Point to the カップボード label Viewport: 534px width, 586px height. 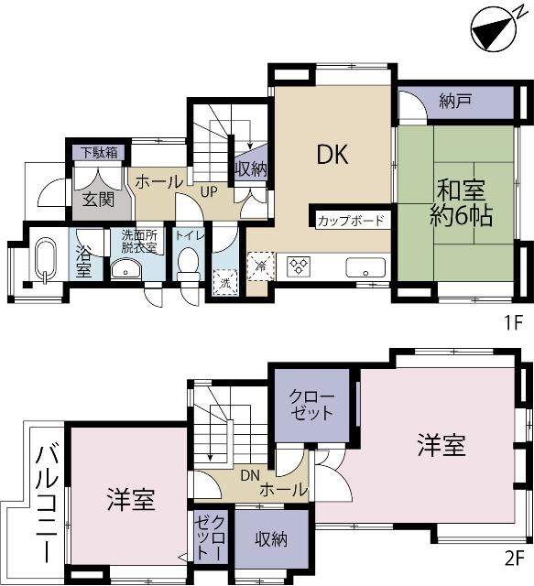point(352,221)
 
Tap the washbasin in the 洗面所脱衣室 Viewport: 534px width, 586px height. point(124,268)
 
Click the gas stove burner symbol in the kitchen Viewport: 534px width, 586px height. point(300,266)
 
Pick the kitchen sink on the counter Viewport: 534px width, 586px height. point(364,267)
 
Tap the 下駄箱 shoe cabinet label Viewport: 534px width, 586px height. point(98,152)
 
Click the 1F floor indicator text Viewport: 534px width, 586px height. point(513,322)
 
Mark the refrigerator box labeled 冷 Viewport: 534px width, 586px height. point(261,265)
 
